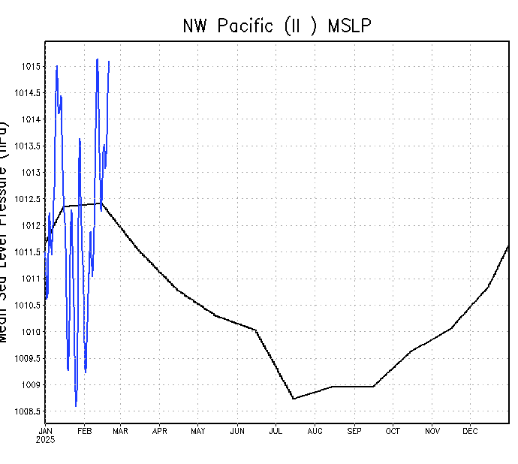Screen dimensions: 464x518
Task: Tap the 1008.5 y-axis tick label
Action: tap(28, 411)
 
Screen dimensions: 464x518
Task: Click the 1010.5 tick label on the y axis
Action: tap(28, 306)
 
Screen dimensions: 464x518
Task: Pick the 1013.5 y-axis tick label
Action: tap(28, 146)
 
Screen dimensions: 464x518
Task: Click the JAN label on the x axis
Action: tap(45, 431)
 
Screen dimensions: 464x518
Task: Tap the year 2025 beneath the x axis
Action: tap(45, 440)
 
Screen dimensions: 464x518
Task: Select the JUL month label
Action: tap(276, 431)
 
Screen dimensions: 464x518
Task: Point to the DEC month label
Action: tap(470, 431)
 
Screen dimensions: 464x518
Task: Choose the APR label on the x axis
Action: tap(160, 431)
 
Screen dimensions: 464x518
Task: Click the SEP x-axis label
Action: tap(354, 431)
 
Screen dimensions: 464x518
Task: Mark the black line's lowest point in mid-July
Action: tap(294, 399)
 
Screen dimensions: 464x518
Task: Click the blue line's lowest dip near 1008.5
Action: tap(76, 405)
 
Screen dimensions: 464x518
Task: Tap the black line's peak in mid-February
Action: tap(101, 203)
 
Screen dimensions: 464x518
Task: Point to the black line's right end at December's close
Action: tap(508, 246)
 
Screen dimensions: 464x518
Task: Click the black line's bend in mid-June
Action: tap(256, 330)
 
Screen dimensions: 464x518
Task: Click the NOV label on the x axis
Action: tap(432, 431)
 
